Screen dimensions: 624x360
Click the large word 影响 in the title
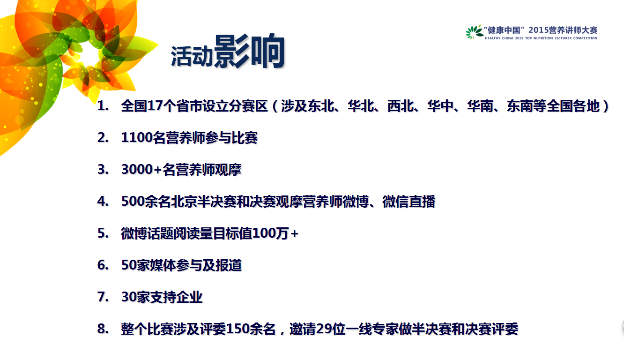[249, 51]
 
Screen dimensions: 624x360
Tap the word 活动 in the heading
[192, 57]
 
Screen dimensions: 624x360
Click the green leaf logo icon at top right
[474, 32]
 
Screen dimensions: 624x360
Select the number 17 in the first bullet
[155, 106]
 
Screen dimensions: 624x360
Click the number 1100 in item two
[137, 138]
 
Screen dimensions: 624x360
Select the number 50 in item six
[129, 265]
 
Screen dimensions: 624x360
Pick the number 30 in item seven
[129, 297]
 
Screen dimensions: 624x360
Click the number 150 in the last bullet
[238, 329]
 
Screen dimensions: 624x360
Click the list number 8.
[103, 329]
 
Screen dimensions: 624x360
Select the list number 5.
[103, 233]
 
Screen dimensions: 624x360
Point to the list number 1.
[103, 106]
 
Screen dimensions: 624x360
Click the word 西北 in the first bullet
[401, 106]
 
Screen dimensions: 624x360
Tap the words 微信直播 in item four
[409, 202]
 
